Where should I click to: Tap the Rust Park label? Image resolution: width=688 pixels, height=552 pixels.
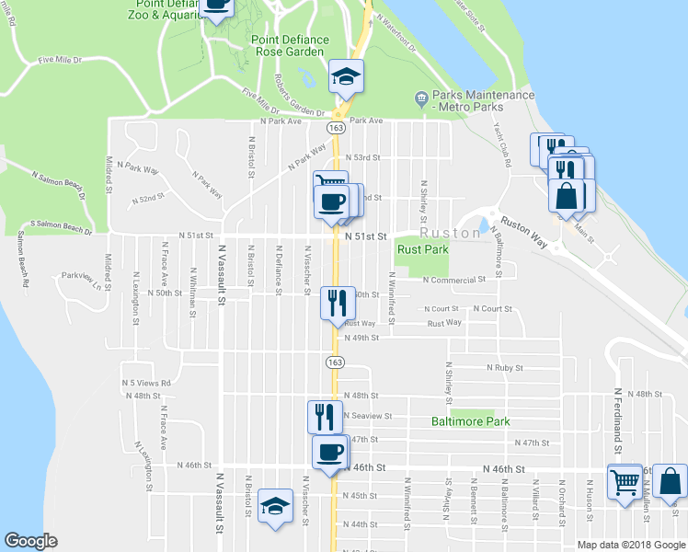[x=422, y=249]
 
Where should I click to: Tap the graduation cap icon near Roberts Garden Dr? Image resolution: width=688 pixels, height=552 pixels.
[x=347, y=75]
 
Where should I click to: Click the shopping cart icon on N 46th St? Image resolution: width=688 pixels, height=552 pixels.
[x=625, y=480]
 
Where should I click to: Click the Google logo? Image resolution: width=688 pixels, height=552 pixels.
[x=31, y=541]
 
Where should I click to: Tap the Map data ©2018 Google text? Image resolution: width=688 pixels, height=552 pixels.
[x=631, y=545]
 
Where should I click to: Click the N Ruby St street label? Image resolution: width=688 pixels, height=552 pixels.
[x=504, y=368]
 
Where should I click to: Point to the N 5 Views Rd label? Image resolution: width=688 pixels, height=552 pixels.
[x=146, y=383]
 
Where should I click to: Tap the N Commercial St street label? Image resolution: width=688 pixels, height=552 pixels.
[x=453, y=280]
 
